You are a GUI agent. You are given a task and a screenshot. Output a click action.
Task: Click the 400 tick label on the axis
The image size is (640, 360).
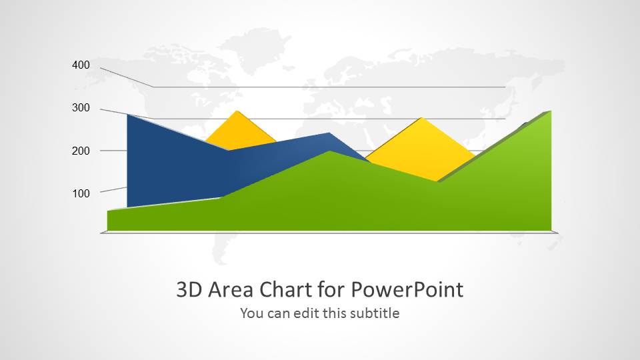tap(81, 65)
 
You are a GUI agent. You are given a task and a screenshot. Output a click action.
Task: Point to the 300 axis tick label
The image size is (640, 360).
tap(81, 108)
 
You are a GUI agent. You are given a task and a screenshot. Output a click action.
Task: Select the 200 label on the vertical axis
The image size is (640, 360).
tap(81, 151)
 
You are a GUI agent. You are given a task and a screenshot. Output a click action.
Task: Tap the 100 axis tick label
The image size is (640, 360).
tap(81, 193)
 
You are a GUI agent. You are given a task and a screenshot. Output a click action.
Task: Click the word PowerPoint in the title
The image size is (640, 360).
tap(407, 289)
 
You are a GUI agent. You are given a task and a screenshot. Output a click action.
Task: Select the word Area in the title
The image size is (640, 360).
tap(231, 289)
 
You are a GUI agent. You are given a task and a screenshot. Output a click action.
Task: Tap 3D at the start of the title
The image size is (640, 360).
tap(189, 289)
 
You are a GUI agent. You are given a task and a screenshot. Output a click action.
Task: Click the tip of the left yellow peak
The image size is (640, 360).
tap(237, 111)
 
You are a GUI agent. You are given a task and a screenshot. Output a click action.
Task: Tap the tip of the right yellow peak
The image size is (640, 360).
tap(421, 117)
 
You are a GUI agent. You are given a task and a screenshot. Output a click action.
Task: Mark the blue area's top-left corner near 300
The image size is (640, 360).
tap(128, 115)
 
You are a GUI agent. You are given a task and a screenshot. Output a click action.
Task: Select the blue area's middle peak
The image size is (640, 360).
tap(329, 133)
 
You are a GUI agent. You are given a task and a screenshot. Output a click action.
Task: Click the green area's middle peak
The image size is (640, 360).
tap(329, 151)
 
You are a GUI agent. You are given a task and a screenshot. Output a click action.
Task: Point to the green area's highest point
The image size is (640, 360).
tap(551, 111)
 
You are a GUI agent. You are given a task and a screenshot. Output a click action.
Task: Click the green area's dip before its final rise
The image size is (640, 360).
tap(437, 181)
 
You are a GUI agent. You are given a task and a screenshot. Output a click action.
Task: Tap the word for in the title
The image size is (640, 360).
tap(331, 289)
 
